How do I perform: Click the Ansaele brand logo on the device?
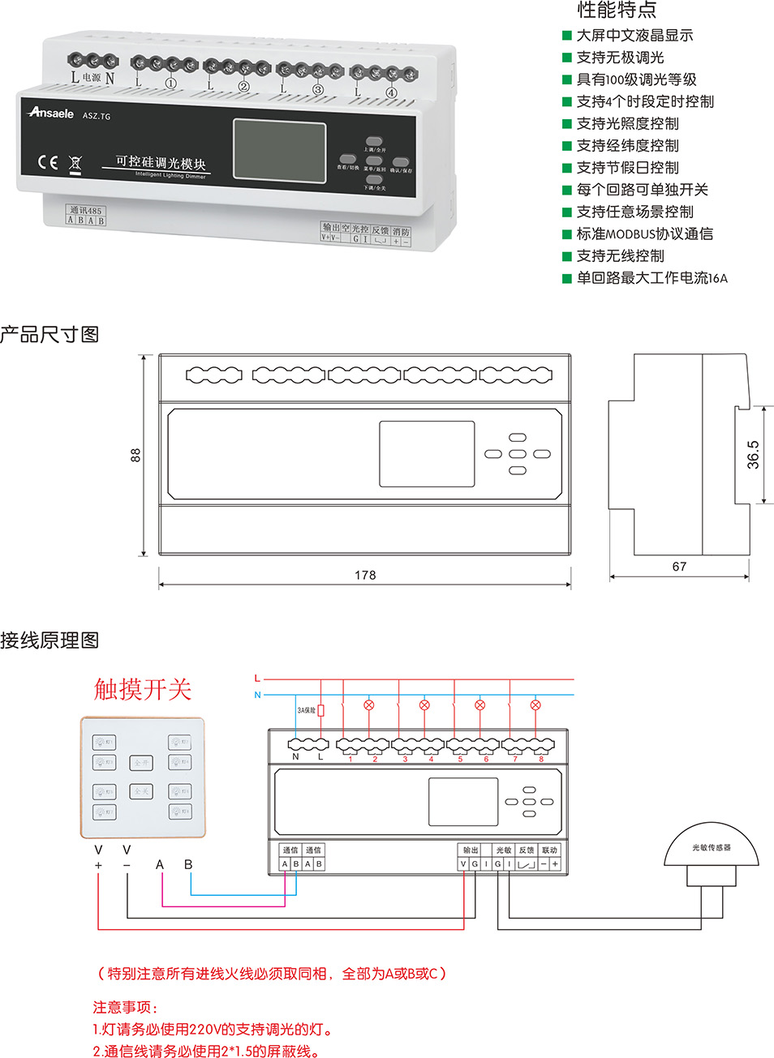point(51,113)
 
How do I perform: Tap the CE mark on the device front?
point(48,162)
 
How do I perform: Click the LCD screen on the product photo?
point(279,149)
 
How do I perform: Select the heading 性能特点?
point(617,11)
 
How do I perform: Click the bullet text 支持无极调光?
point(620,58)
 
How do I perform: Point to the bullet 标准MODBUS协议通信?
point(644,234)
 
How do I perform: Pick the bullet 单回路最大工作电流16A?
point(651,278)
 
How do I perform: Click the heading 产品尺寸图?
point(49,334)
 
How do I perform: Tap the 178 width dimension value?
point(365,575)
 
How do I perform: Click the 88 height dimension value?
point(135,455)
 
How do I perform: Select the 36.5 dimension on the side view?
point(753,455)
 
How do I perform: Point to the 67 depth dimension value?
point(679,567)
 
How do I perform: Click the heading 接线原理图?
point(49,640)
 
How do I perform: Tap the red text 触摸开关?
point(143,689)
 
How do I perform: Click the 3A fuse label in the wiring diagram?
point(307,710)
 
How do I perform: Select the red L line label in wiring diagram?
point(257,679)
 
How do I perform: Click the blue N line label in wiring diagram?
point(257,695)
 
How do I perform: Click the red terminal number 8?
point(541,760)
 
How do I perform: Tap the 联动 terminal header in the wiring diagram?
point(549,850)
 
